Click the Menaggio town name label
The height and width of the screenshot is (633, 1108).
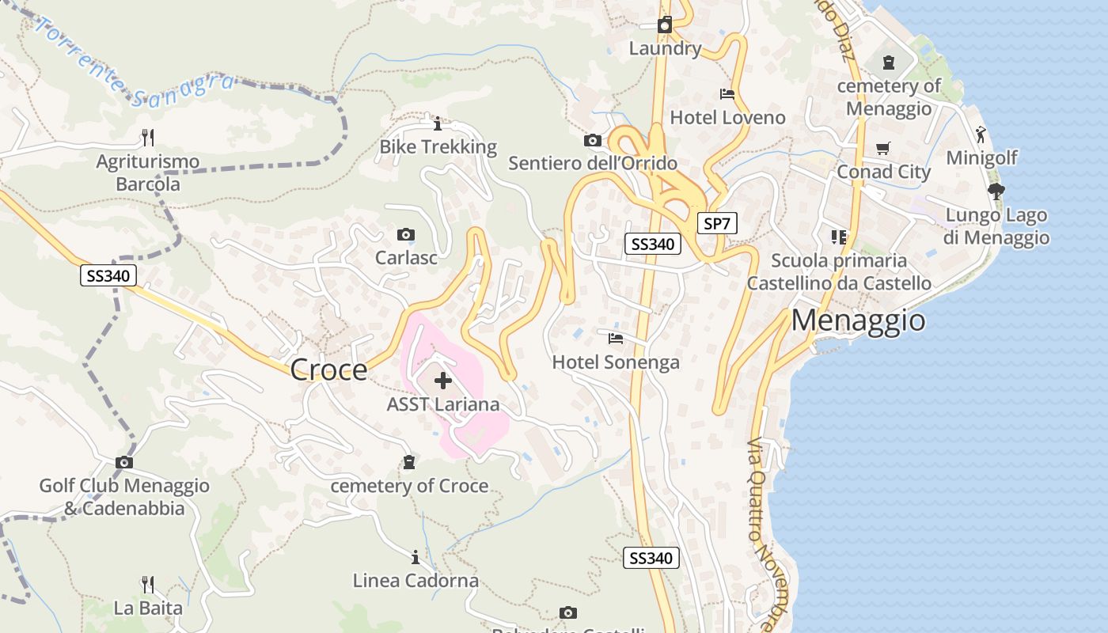(858, 320)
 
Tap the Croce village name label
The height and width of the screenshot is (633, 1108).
(328, 370)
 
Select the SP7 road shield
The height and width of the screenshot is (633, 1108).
(716, 224)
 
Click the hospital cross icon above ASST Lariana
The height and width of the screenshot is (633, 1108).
(443, 381)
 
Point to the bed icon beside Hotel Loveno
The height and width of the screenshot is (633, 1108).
(727, 94)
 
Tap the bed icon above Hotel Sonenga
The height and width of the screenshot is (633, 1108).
(616, 339)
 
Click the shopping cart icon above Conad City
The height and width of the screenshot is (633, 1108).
(883, 148)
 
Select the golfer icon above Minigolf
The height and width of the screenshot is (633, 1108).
(981, 134)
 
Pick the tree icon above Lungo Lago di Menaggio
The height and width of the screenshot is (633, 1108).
(996, 191)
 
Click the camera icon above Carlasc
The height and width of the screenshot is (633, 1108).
(406, 234)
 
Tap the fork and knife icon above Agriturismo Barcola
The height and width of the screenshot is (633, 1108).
(148, 138)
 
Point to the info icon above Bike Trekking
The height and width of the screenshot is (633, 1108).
(438, 123)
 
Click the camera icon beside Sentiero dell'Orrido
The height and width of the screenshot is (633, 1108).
(592, 141)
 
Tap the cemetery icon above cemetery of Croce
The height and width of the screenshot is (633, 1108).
(409, 462)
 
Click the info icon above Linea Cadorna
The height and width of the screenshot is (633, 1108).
(415, 557)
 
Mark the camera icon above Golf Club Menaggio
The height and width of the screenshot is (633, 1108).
(124, 462)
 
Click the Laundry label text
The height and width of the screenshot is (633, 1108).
(665, 49)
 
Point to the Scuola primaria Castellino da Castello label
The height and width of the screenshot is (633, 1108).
(839, 271)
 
